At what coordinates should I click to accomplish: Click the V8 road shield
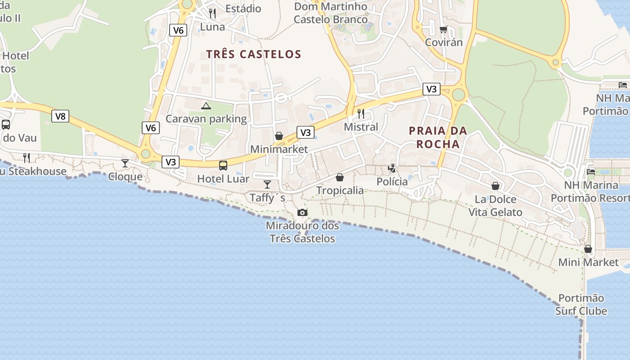click(x=60, y=116)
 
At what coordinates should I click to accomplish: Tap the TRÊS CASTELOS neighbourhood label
click(x=253, y=54)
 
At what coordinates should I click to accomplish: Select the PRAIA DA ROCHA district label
click(x=438, y=137)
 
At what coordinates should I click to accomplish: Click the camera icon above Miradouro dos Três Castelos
click(x=302, y=212)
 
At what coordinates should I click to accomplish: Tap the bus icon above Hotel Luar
click(x=223, y=165)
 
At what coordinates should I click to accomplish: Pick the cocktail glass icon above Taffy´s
click(x=267, y=184)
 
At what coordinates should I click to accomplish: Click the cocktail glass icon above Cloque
click(x=125, y=163)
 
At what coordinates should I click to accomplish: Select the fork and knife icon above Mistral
click(x=360, y=113)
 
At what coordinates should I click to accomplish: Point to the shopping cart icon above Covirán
click(x=444, y=30)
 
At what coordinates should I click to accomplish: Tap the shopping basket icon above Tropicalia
click(x=340, y=177)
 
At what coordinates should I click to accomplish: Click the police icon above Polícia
click(x=392, y=168)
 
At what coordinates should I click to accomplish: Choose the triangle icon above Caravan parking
click(x=206, y=106)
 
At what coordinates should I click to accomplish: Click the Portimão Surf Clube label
click(x=581, y=305)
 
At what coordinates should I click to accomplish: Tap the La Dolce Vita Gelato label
click(x=495, y=206)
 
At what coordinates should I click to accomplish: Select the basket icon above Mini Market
click(x=588, y=249)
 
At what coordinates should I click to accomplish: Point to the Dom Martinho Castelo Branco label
click(x=331, y=13)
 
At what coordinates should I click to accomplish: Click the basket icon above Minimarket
click(x=279, y=136)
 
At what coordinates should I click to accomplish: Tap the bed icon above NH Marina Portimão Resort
click(x=591, y=171)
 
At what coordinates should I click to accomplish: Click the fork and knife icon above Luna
click(x=212, y=13)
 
